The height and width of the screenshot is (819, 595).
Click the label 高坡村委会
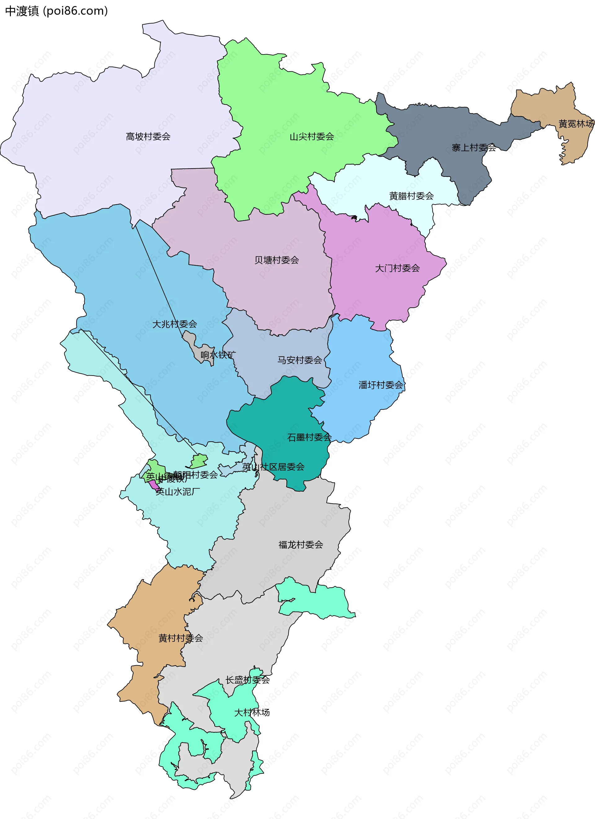coord(148,136)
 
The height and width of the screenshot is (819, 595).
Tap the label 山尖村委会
coord(312,136)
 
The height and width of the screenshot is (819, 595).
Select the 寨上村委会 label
coord(474,148)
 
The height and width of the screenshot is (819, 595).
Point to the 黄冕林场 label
coord(576,124)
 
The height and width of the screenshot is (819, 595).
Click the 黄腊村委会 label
coord(411,196)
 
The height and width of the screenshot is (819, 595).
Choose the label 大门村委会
coord(397,268)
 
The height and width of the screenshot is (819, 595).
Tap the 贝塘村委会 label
coord(277,260)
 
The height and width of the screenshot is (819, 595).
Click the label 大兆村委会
coord(175,324)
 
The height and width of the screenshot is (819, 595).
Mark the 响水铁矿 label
coord(218,355)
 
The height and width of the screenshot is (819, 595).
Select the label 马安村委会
coord(299,360)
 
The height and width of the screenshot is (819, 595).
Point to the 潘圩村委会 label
coord(381,385)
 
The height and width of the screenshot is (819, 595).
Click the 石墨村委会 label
coord(309,437)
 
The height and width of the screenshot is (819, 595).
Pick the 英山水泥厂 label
coord(178,492)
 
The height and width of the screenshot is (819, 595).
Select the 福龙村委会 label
coord(301,545)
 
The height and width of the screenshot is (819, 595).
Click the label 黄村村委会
coord(180,638)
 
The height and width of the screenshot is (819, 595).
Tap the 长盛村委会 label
coord(248,680)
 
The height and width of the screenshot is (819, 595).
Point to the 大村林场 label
coord(252,712)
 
